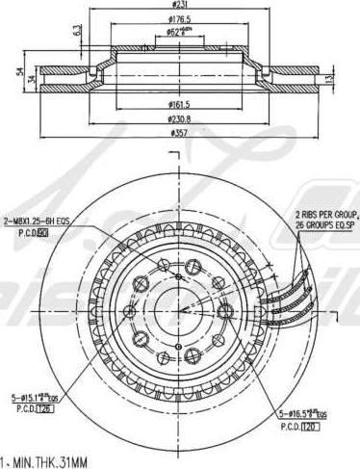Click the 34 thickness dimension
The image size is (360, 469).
(31, 79)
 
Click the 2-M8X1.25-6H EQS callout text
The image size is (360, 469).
(37, 221)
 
